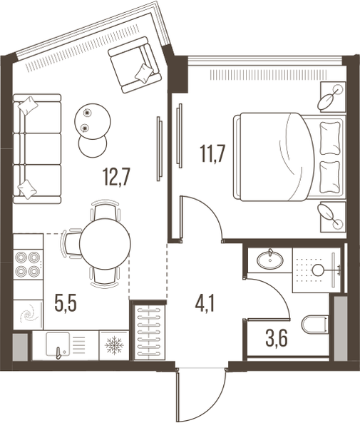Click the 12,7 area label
(117, 177)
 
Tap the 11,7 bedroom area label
(212, 154)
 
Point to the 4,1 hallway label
(205, 304)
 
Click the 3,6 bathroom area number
(277, 338)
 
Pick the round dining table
(105, 244)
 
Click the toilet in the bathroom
(315, 325)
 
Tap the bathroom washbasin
(269, 260)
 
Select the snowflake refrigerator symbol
(114, 345)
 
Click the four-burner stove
(28, 264)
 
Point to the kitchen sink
(58, 345)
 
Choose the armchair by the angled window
(133, 65)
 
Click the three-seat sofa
(37, 149)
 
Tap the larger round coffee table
(93, 121)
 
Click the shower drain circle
(317, 270)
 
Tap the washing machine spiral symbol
(28, 315)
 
